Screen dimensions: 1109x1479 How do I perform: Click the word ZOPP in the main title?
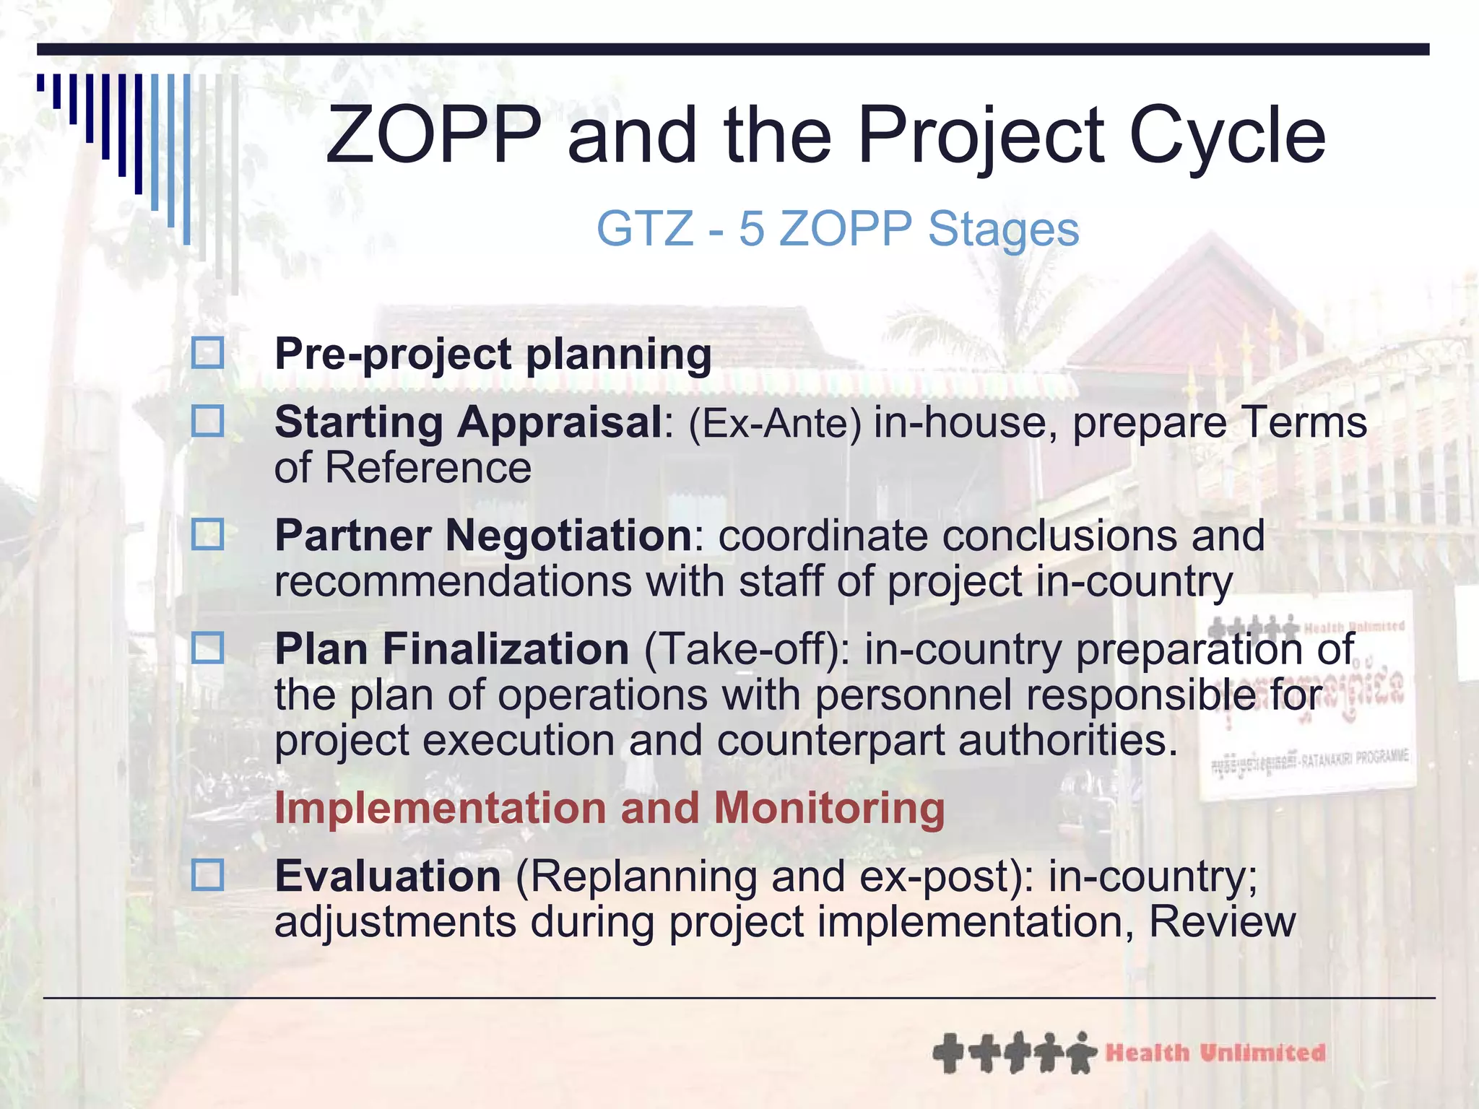point(433,136)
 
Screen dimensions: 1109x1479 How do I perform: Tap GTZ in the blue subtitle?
point(644,229)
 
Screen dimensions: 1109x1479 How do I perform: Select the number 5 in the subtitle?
point(751,229)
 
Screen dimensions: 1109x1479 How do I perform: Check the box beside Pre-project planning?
point(207,353)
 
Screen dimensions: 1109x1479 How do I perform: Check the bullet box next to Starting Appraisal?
point(207,421)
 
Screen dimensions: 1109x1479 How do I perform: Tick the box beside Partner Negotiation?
point(207,534)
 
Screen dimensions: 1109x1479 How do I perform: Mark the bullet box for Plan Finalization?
point(207,648)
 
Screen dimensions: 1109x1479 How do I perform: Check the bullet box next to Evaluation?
point(207,875)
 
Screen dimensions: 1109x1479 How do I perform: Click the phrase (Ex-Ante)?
point(775,423)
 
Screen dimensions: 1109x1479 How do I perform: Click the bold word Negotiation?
point(568,536)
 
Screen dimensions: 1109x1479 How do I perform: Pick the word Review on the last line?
point(1222,922)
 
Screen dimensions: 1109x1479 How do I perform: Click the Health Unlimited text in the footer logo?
point(1215,1053)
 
